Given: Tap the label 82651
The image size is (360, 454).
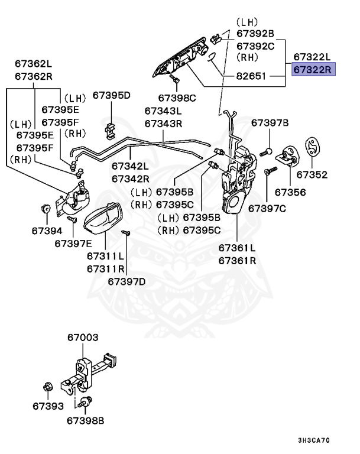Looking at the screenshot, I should coord(252,77).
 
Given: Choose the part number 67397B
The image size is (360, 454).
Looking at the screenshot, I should coord(270,123).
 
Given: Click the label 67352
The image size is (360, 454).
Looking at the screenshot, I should coord(312,175).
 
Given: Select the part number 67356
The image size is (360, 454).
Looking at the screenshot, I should coord(290,193).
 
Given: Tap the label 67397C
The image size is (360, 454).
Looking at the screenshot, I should coord(267,208).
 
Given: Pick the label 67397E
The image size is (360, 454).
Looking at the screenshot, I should coord(73,242).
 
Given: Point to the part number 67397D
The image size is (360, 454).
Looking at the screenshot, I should coord(127,281).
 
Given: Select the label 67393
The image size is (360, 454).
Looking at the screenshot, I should coord(48,407).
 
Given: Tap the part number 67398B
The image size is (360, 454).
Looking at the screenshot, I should coord(85,421).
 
